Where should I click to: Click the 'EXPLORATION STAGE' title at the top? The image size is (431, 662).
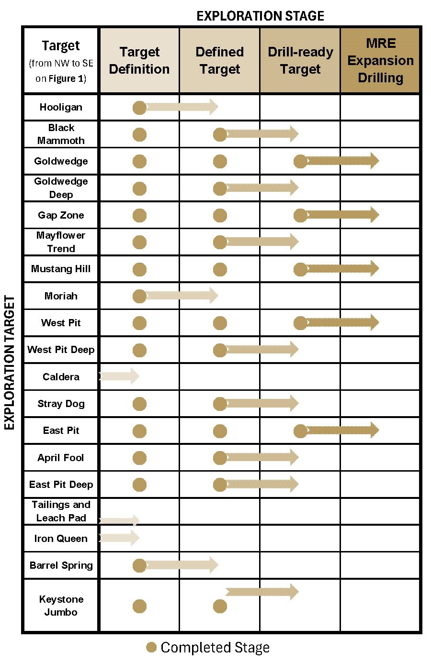tap(260, 16)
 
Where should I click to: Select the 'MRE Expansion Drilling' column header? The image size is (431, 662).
tap(380, 60)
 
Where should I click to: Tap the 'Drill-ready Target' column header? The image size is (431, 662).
tap(300, 60)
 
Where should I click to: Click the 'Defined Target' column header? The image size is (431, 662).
tap(220, 60)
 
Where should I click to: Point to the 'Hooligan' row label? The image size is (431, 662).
tap(61, 107)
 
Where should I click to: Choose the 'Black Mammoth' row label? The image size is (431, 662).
tap(61, 134)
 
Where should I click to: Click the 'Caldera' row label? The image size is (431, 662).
tap(61, 377)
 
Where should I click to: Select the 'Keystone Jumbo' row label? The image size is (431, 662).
tap(61, 606)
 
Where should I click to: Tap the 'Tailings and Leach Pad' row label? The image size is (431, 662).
tap(61, 511)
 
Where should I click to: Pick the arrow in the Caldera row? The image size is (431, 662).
tap(120, 376)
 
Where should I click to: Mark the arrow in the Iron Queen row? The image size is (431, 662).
tap(120, 538)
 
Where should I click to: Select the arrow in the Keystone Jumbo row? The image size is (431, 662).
tap(262, 592)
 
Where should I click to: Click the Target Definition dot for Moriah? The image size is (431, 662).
tap(139, 296)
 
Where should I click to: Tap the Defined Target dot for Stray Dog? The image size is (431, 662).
tap(220, 404)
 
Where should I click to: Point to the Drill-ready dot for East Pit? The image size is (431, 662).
tap(300, 431)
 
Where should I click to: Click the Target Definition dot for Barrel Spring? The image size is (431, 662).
tap(139, 566)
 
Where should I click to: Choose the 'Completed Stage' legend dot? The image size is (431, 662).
tap(151, 648)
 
